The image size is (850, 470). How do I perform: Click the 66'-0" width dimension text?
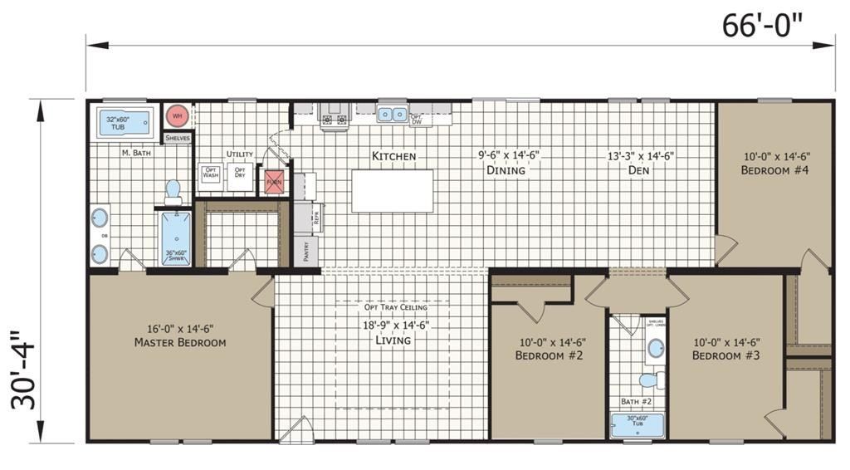click(762, 25)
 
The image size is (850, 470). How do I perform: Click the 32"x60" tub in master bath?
click(125, 125)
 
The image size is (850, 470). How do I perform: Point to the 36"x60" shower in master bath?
click(175, 238)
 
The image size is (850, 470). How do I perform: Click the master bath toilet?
click(173, 192)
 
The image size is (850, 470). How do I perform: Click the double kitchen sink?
click(392, 115)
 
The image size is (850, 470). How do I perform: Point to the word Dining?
click(506, 170)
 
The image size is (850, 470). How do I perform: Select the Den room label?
click(638, 170)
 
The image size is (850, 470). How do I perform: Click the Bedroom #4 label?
click(775, 170)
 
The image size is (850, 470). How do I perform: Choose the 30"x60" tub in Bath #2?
click(637, 424)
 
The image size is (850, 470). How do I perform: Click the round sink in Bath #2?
click(656, 348)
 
